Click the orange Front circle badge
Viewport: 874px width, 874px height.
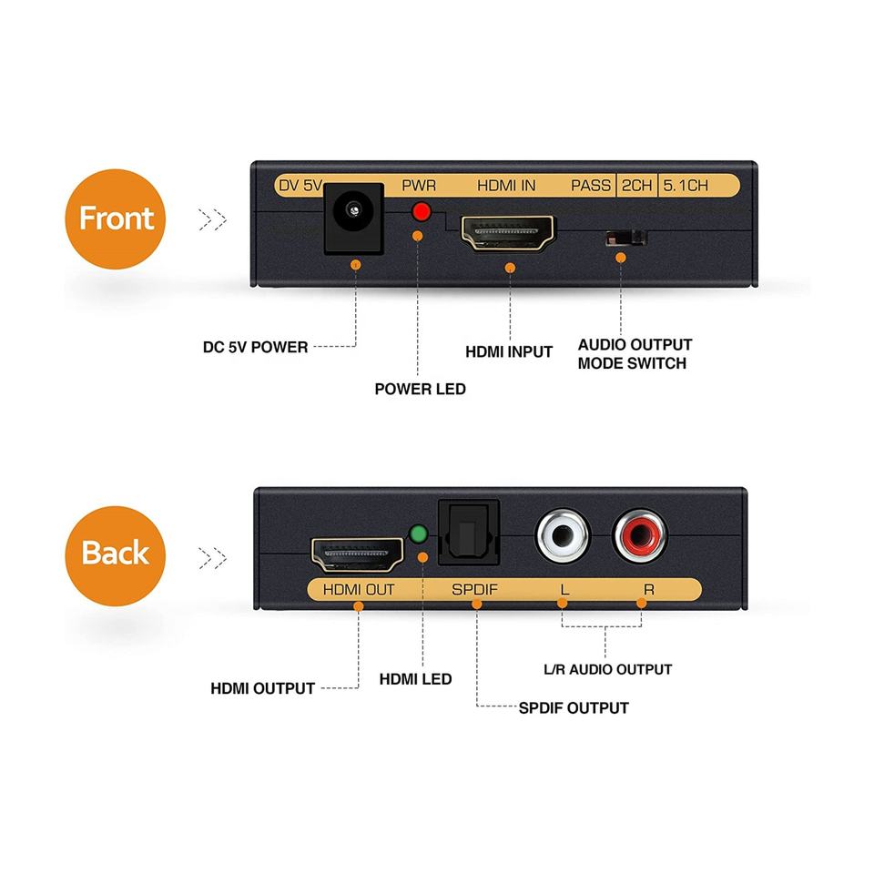click(116, 218)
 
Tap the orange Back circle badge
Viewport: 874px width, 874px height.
click(115, 553)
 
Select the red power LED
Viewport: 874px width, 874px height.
click(421, 212)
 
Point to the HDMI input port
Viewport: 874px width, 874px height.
click(508, 234)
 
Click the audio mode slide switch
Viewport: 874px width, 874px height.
click(626, 239)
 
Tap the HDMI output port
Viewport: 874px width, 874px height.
click(358, 554)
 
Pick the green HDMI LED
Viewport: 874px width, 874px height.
click(420, 534)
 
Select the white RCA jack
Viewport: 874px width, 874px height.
click(563, 534)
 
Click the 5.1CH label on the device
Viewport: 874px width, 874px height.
click(685, 186)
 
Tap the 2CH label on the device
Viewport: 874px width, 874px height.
click(636, 186)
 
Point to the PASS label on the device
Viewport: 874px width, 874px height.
click(591, 186)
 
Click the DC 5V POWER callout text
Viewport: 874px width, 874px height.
click(255, 347)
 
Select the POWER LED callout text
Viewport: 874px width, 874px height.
click(420, 389)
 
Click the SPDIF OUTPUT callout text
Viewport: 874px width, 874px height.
click(574, 707)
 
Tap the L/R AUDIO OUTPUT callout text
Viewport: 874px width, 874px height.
click(607, 669)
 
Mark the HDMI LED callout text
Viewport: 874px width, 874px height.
click(415, 678)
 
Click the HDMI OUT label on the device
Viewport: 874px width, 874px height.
click(359, 589)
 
